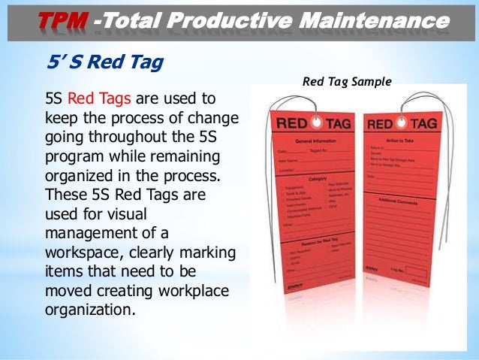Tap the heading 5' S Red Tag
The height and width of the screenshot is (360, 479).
[x=104, y=62]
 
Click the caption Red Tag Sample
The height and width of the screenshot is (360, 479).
[x=347, y=82]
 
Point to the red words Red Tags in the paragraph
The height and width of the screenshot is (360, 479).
[x=95, y=98]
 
